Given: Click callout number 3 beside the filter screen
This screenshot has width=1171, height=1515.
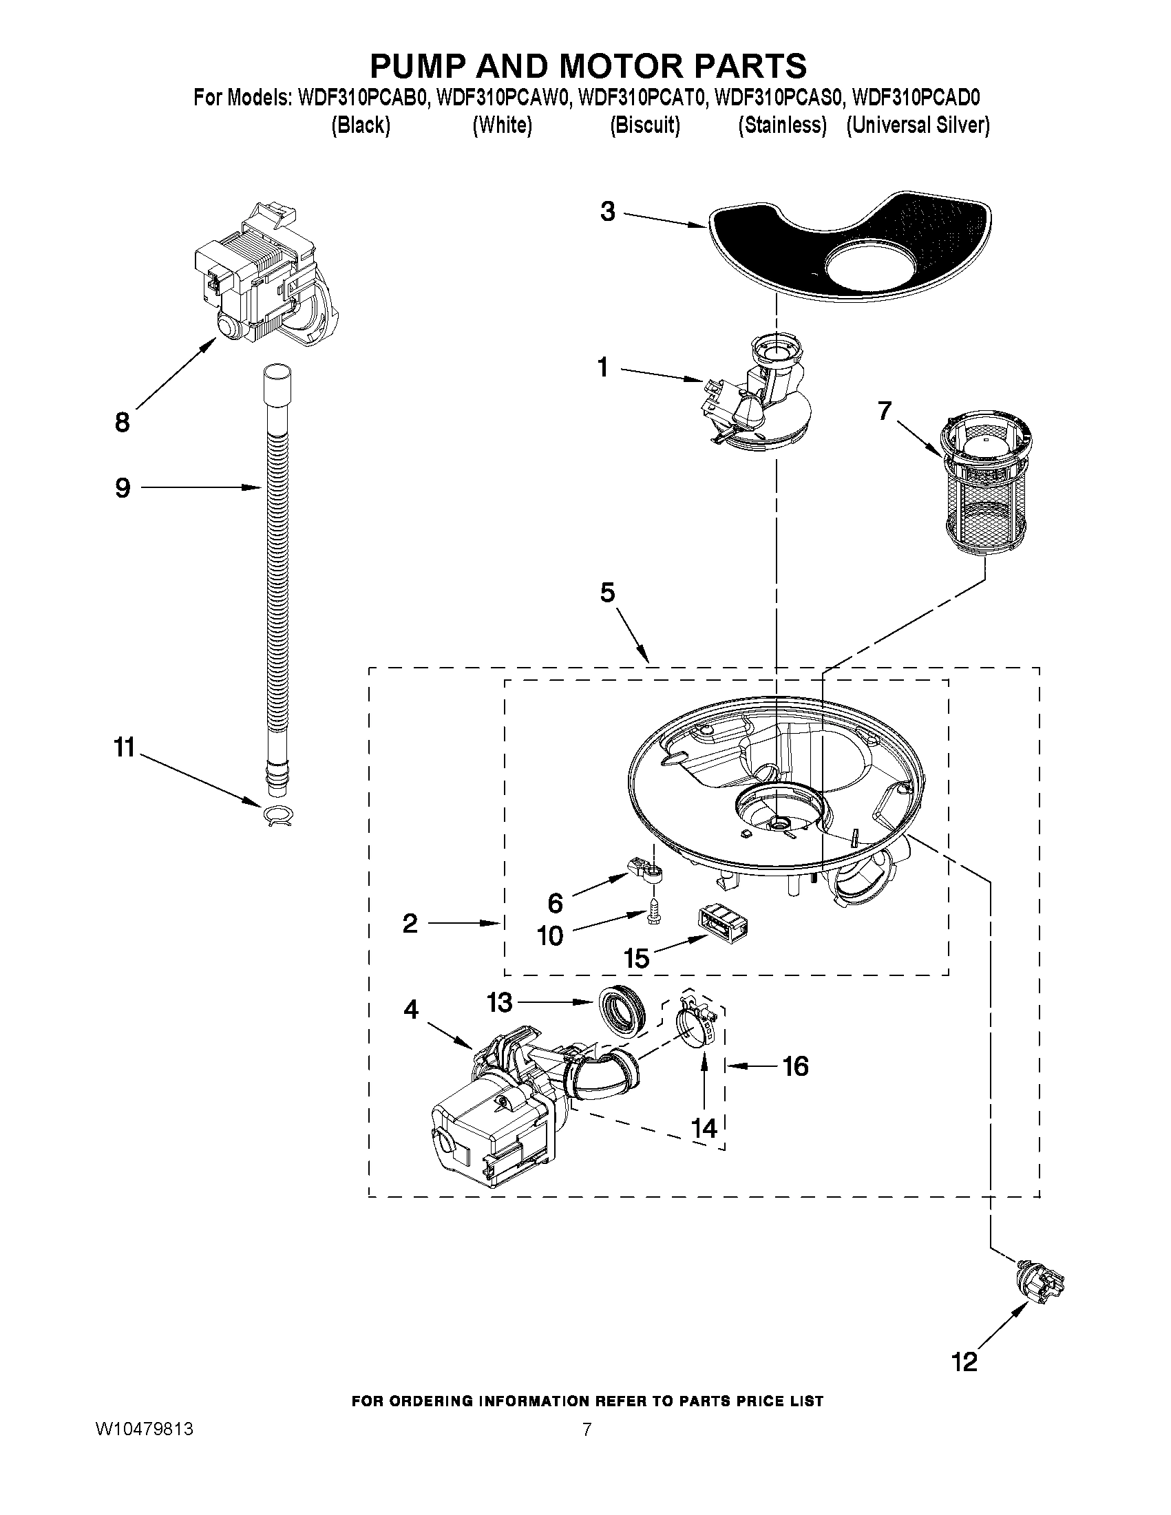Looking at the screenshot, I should point(607,211).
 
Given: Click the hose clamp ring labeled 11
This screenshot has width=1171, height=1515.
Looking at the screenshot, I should point(278,816).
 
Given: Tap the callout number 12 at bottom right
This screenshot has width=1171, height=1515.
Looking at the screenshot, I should point(964,1362).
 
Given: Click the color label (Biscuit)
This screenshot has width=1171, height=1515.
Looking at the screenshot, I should point(644,125).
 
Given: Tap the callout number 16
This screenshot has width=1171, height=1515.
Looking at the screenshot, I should point(795,1066).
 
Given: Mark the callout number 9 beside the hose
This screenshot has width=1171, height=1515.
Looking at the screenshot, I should point(122,488).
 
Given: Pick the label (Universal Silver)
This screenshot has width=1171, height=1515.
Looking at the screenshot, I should point(917,125).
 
